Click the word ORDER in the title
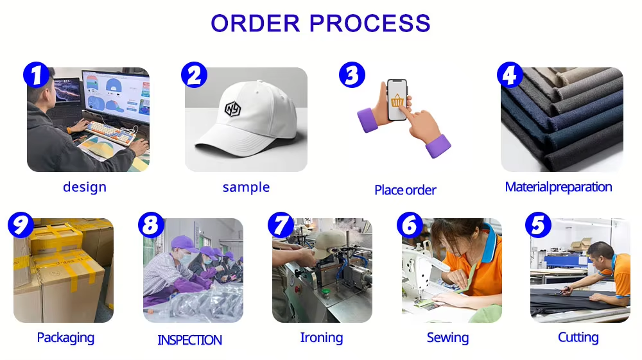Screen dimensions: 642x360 256,23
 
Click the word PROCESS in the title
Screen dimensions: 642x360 370,23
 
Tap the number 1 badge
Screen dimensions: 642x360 37,75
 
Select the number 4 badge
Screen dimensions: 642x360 510,75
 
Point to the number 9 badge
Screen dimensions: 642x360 21,225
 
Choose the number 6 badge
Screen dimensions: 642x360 410,225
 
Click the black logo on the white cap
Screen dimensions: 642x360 233,109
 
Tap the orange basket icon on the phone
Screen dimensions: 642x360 397,100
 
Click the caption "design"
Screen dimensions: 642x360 85,187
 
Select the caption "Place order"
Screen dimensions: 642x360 405,190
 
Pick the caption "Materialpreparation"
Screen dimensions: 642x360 559,187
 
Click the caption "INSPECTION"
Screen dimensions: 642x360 189,340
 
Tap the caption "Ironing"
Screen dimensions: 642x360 322,338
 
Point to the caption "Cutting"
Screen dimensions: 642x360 578,337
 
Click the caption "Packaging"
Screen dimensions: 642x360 65,338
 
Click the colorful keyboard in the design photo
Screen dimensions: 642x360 110,133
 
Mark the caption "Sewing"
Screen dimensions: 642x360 448,338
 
